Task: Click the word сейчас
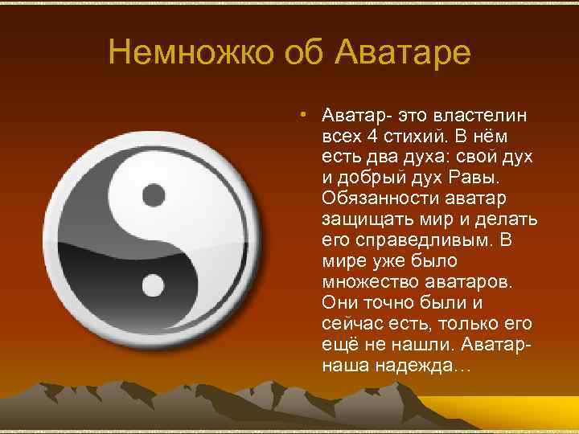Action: click(347, 324)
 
